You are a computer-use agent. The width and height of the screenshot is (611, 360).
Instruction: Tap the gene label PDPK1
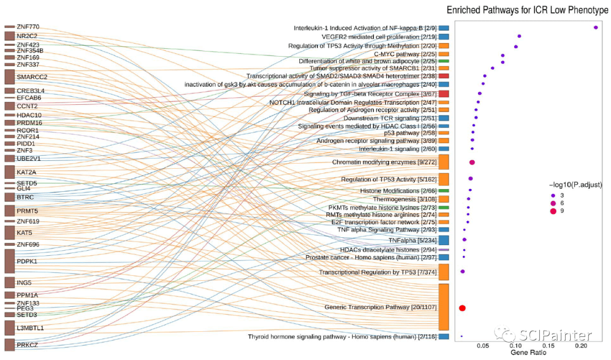click(x=27, y=262)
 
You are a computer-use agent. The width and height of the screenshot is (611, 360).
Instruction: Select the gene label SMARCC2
click(x=32, y=77)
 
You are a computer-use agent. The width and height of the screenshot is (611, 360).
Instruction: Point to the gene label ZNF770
click(x=28, y=27)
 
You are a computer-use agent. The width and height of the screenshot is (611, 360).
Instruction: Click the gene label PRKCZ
click(x=27, y=345)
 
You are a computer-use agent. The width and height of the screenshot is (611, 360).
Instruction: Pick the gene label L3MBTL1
click(x=31, y=328)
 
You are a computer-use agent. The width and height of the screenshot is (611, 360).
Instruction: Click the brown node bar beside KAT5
click(x=9, y=233)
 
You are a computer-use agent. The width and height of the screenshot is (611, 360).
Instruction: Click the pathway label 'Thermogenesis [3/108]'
click(x=405, y=199)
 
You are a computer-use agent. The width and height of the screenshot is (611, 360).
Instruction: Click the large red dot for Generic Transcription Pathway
click(x=462, y=308)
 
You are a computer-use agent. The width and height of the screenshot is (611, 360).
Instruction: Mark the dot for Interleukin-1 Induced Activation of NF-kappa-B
click(x=596, y=27)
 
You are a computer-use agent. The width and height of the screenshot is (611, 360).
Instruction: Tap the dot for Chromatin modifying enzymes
click(x=472, y=162)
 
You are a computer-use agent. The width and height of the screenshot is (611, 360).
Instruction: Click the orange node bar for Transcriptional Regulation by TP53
click(x=444, y=272)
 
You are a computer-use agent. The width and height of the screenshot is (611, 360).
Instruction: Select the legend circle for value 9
click(x=553, y=211)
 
